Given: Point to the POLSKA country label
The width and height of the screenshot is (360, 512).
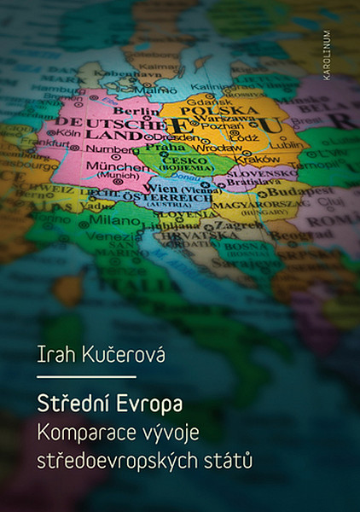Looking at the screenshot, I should pyautogui.click(x=210, y=110).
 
